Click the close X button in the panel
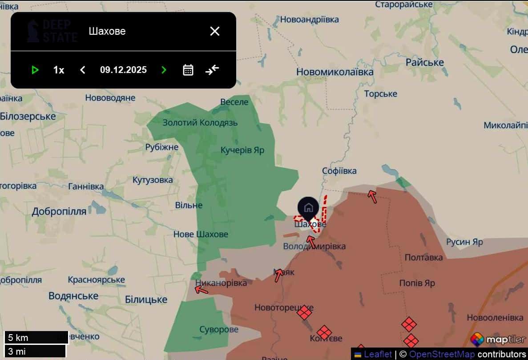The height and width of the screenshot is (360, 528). coord(215,31)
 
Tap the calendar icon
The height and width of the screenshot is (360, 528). coord(188,70)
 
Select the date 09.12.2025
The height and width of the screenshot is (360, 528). coord(123,70)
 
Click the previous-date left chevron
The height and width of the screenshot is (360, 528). coord(82,70)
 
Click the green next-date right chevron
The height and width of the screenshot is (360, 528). coord(164,70)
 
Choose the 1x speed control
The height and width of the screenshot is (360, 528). coord(59,70)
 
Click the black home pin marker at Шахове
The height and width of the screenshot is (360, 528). coord(309,207)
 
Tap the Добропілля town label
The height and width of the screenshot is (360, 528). coord(59,212)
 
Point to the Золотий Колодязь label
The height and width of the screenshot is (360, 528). coord(200,123)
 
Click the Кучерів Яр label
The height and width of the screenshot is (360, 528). coord(242,150)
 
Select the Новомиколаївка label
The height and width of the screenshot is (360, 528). coord(335,72)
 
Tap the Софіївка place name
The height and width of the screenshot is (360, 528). coord(339,171)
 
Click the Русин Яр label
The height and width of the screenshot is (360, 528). coord(464,242)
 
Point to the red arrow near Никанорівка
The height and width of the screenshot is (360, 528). coord(202,290)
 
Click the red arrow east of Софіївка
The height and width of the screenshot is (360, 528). coord(372,196)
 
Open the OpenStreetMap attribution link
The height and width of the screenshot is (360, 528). coord(441,354)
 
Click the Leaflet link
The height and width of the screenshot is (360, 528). coord(378,354)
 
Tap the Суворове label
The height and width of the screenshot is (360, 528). coord(219,330)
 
